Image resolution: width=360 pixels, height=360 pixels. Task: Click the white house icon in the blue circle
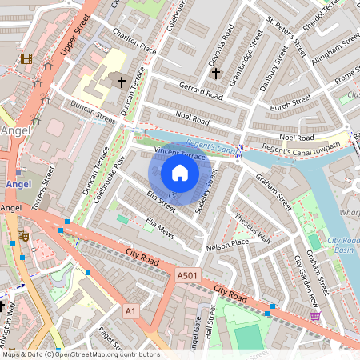pos(180,173)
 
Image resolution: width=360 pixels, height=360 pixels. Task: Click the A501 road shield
pos(186,276)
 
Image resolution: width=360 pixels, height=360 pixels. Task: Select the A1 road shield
pos(130,310)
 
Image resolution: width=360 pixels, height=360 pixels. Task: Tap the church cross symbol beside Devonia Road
pos(214,74)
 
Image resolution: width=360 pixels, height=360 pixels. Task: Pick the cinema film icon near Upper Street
pos(27,58)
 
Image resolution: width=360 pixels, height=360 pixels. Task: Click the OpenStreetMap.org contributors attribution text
pos(109,354)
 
